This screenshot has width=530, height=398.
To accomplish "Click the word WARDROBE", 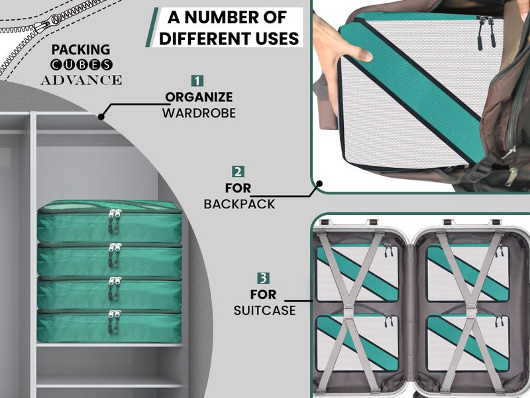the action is pyautogui.click(x=199, y=113).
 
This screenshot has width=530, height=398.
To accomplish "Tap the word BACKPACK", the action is pyautogui.click(x=239, y=204).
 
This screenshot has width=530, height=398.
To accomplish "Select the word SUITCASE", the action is pyautogui.click(x=264, y=310).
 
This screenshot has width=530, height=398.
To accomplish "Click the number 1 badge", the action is pyautogui.click(x=197, y=81).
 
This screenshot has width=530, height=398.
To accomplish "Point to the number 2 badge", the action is pyautogui.click(x=238, y=172).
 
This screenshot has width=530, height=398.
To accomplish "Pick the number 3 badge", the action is pyautogui.click(x=263, y=278).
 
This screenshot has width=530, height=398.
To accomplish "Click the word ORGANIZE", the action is pyautogui.click(x=199, y=97).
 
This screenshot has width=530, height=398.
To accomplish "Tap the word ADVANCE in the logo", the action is pyautogui.click(x=81, y=80).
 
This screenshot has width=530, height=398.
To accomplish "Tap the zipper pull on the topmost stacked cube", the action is pyautogui.click(x=114, y=221).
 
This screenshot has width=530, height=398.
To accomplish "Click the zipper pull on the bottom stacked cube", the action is pyautogui.click(x=114, y=322).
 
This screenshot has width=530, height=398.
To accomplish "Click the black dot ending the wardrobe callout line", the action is pyautogui.click(x=101, y=117).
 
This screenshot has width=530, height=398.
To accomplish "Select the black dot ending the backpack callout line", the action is pyautogui.click(x=319, y=184).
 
